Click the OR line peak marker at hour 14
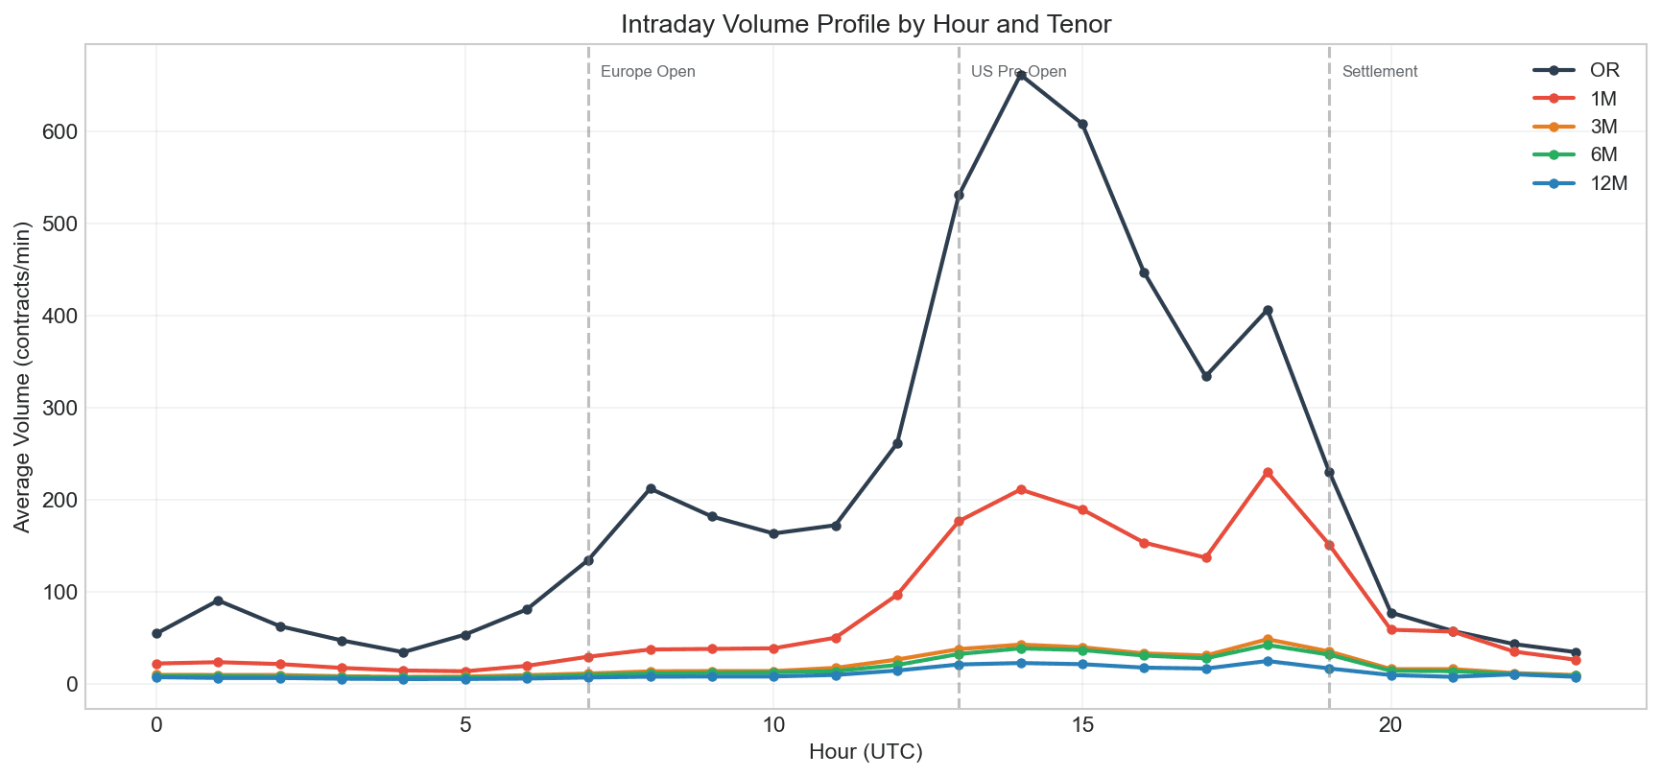click(1021, 75)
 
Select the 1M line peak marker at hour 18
click(1268, 473)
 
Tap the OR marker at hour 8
click(651, 489)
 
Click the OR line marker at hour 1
click(218, 600)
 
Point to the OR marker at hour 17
click(1206, 376)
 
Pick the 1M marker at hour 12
click(897, 596)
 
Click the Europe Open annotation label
click(648, 72)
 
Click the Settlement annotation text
click(1380, 72)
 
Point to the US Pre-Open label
click(1018, 72)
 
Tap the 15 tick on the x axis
click(1082, 726)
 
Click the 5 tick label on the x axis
click(465, 726)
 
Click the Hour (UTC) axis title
click(866, 753)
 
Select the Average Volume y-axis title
click(23, 377)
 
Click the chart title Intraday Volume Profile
click(866, 24)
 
